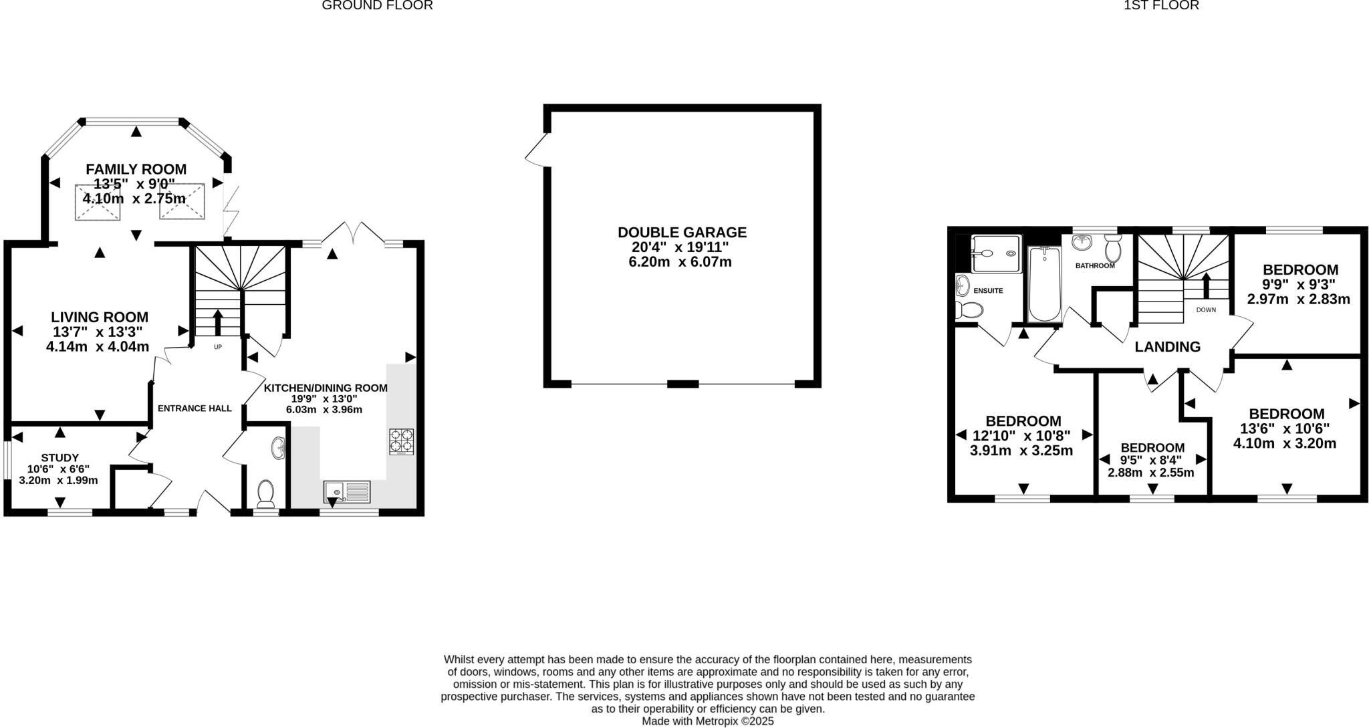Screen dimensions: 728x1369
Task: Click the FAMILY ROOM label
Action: point(136,169)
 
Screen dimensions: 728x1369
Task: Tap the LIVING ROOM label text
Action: point(100,317)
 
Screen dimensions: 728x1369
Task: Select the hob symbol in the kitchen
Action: point(401,442)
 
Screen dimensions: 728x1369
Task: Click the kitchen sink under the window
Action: point(346,491)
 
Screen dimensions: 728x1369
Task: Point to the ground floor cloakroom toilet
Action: point(266,493)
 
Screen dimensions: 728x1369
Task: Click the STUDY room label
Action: point(60,457)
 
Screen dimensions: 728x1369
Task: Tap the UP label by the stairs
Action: point(218,347)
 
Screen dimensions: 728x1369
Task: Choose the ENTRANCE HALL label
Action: point(195,408)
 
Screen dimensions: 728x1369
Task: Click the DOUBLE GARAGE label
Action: point(682,232)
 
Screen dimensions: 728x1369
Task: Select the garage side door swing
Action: point(537,150)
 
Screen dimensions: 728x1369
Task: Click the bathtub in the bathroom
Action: point(1044,284)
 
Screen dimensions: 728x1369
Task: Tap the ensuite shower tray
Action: point(996,253)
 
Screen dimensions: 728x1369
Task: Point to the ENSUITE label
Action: point(988,291)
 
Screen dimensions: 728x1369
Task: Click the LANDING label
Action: point(1167,347)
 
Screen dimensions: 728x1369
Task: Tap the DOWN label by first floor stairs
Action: point(1206,310)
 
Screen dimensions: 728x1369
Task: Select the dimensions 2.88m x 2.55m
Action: point(1150,473)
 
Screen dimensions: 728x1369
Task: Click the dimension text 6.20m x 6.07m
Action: point(680,262)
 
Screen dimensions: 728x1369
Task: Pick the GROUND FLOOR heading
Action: point(377,5)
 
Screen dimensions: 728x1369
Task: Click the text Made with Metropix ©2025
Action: point(707,721)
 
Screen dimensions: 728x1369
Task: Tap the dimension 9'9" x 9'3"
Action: point(1299,284)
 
